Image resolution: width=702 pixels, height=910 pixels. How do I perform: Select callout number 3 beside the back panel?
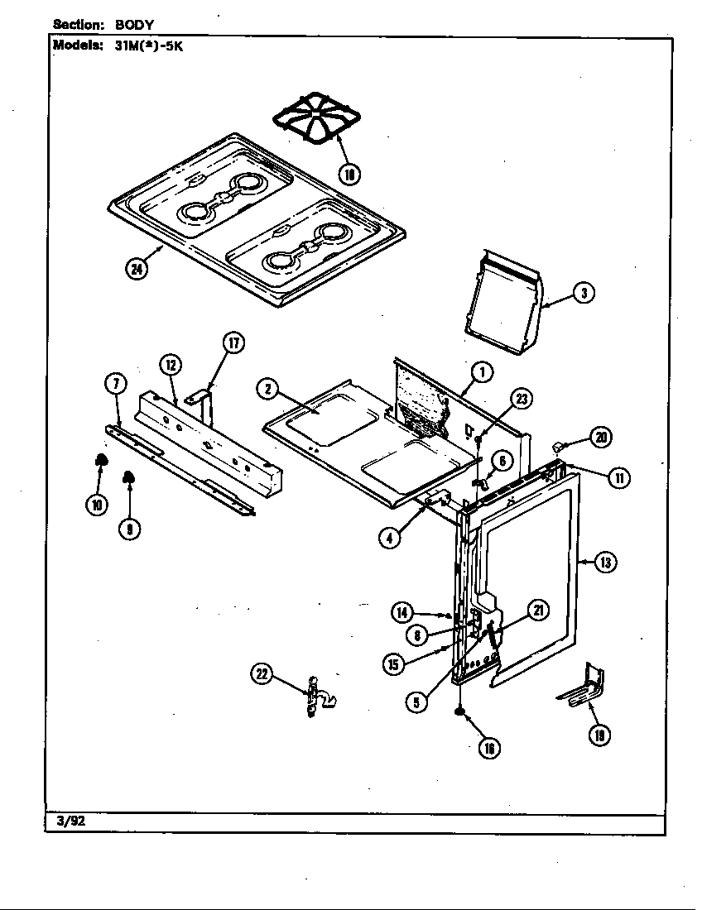[584, 292]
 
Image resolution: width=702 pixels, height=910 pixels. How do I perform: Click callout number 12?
[171, 364]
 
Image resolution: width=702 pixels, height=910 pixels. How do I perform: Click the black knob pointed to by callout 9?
[129, 477]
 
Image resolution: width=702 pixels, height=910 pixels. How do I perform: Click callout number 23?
[521, 399]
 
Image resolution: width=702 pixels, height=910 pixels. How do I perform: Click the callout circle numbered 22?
[262, 675]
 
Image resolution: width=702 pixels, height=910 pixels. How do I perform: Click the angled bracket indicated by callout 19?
[584, 687]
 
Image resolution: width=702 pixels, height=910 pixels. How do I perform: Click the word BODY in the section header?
[135, 25]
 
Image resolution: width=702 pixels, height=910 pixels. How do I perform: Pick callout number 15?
[394, 663]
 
